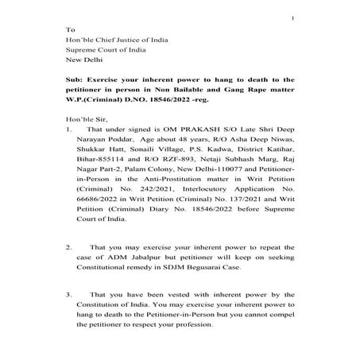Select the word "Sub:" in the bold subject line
(x=75, y=79)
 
